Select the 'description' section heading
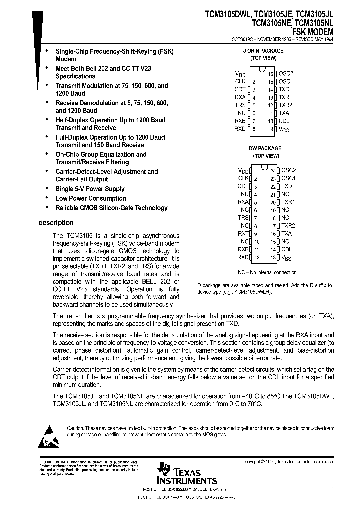56,223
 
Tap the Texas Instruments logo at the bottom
178,472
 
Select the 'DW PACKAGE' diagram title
265,148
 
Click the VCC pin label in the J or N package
284,129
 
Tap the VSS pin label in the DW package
286,258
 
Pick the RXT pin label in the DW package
243,233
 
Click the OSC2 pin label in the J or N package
286,73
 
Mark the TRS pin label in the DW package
243,217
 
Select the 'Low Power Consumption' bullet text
90,198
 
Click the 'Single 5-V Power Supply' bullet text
90,189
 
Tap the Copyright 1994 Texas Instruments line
288,462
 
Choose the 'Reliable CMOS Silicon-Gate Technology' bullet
111,208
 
